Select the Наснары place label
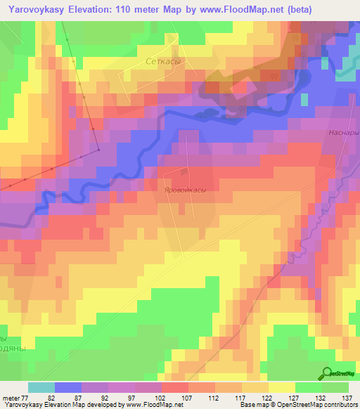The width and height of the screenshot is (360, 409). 343,132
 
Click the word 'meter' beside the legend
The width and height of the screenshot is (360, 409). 11,397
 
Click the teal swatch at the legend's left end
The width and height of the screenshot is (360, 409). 41,387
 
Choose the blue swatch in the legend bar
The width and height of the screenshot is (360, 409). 68,387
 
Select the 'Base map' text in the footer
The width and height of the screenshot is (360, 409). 253,405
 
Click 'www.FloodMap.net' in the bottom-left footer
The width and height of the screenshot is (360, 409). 150,405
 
